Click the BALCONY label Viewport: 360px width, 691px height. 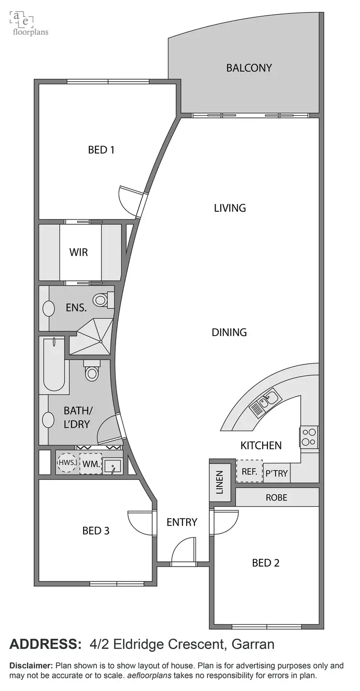point(249,68)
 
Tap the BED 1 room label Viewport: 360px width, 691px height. point(101,150)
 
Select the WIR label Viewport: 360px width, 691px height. point(79,252)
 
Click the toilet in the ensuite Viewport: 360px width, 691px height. point(101,301)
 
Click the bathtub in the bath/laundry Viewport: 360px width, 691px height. point(54,365)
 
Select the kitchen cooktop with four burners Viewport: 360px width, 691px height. point(308,437)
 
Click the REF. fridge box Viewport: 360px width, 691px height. point(249,472)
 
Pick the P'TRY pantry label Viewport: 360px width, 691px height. point(276,473)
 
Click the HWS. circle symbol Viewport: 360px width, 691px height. point(66,463)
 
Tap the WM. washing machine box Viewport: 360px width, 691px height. point(91,464)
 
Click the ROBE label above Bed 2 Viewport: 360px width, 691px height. point(276,497)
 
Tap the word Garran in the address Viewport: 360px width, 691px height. point(253,644)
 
